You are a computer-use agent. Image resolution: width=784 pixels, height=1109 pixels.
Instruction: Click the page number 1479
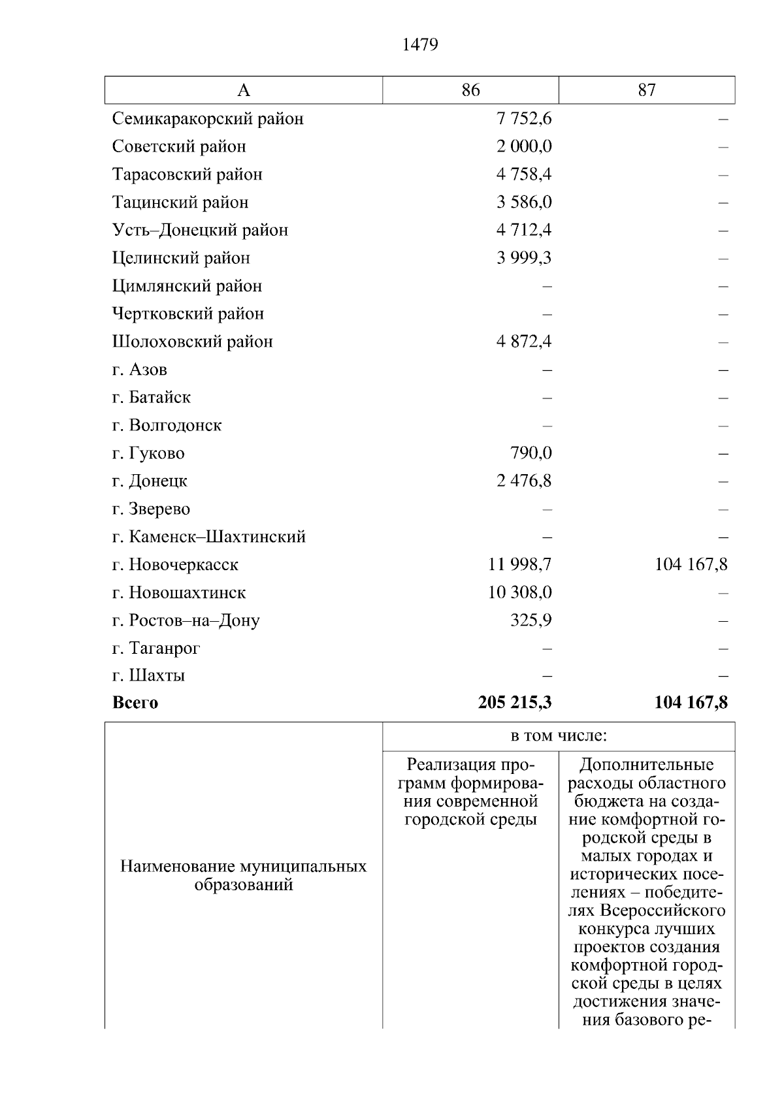click(x=420, y=44)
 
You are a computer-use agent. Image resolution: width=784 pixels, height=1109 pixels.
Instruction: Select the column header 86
click(x=470, y=90)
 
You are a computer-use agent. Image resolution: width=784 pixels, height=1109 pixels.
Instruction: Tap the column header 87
click(x=647, y=90)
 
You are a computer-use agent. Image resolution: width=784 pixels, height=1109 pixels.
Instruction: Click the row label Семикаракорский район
click(x=208, y=119)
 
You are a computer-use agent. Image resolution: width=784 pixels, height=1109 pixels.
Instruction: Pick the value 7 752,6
click(x=524, y=119)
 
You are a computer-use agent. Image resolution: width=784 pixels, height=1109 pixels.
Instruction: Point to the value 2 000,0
click(x=524, y=146)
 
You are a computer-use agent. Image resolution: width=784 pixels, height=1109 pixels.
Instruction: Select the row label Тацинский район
click(x=180, y=202)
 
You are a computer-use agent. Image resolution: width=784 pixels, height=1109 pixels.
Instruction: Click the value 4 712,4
click(x=524, y=230)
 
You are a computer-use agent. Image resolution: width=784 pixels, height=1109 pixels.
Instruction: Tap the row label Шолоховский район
click(x=192, y=342)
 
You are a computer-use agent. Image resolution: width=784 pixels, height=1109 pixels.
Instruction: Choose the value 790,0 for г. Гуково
click(x=531, y=453)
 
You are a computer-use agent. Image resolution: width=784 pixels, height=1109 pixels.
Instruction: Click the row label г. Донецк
click(x=150, y=481)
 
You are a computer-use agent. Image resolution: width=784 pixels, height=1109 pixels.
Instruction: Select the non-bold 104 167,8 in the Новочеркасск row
click(x=691, y=564)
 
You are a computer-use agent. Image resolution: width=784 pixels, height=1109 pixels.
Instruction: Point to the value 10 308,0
click(x=519, y=592)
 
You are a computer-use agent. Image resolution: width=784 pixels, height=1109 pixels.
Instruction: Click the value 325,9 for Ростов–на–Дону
click(x=531, y=620)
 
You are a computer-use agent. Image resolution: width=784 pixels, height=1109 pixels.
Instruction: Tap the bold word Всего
click(x=135, y=703)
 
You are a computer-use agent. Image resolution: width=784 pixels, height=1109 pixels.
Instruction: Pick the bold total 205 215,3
click(x=515, y=703)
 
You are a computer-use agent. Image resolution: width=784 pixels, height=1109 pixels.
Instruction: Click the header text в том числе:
click(x=559, y=736)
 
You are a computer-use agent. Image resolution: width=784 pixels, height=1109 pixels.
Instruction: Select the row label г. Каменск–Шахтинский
click(x=209, y=537)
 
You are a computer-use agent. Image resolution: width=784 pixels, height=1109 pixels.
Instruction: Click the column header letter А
click(x=243, y=90)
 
